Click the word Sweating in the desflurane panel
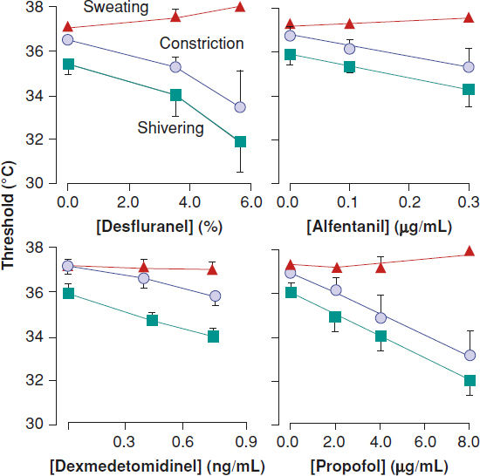[x=116, y=7]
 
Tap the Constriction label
[x=202, y=43]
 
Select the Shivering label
[x=170, y=128]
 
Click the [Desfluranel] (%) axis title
[x=159, y=227]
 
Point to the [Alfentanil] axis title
[x=379, y=227]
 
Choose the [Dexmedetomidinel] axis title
[x=157, y=466]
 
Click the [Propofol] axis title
[x=380, y=466]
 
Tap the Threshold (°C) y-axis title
[x=8, y=215]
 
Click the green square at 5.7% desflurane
[x=240, y=142]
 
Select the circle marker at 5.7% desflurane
[x=240, y=107]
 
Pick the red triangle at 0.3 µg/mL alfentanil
[x=469, y=17]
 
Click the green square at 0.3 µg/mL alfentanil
[x=469, y=90]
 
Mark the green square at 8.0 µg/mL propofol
[x=470, y=381]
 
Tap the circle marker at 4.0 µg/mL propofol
[x=381, y=318]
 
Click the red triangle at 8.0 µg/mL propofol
[x=470, y=251]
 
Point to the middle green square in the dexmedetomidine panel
[x=152, y=321]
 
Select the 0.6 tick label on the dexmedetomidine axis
[x=182, y=442]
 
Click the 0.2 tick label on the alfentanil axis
[x=409, y=202]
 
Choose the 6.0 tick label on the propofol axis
[x=425, y=442]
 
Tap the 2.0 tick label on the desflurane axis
[x=128, y=202]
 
